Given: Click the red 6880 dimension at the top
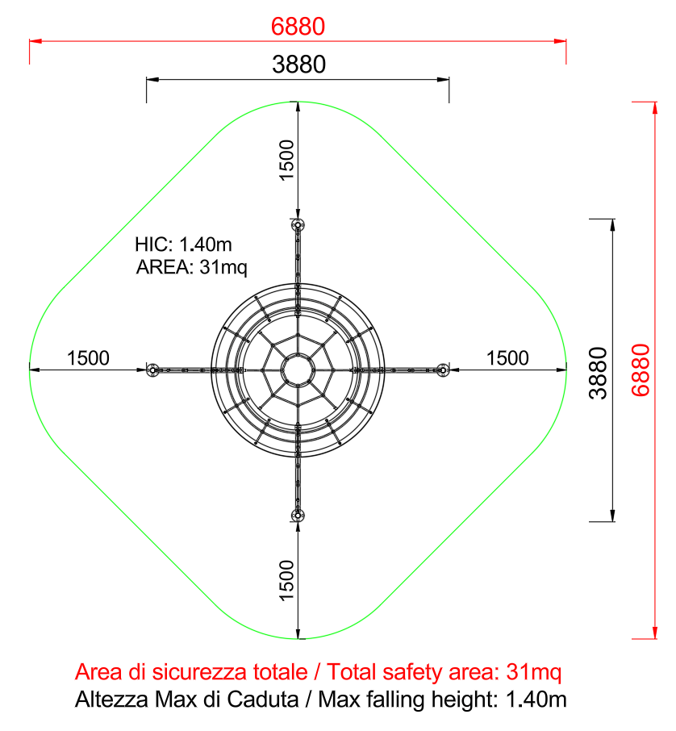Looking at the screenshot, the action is (298, 27).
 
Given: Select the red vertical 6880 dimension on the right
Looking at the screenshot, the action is (641, 370).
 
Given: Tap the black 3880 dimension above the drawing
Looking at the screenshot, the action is (298, 65).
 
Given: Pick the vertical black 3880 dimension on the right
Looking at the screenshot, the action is (599, 373).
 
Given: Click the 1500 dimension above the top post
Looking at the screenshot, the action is (286, 160).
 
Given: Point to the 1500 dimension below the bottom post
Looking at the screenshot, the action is (286, 580).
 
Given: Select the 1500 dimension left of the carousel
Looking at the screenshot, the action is (88, 358).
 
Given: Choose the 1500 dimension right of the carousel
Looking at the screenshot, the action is (507, 358).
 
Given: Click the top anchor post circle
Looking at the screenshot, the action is (298, 225).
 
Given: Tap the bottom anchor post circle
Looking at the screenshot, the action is (298, 516).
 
